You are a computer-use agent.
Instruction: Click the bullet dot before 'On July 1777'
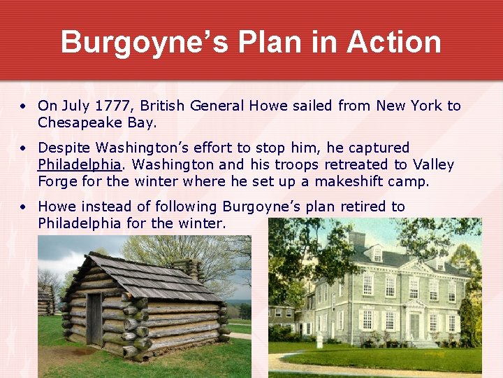[23, 106]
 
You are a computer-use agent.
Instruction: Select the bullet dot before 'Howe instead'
[23, 207]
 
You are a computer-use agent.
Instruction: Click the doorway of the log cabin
[94, 318]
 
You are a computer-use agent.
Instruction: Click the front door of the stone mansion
[414, 325]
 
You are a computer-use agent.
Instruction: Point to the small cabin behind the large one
[46, 301]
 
